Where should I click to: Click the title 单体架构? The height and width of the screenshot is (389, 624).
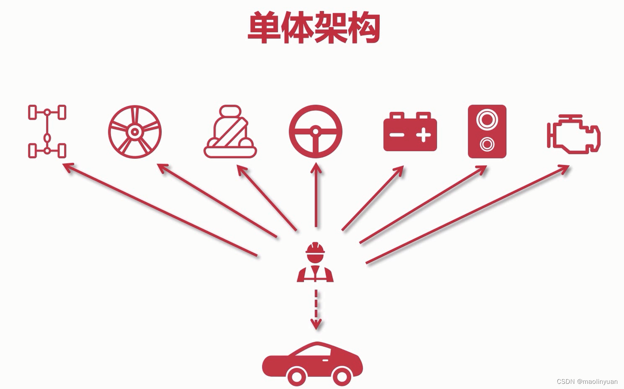click(x=314, y=28)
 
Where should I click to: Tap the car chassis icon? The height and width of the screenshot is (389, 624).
click(x=47, y=131)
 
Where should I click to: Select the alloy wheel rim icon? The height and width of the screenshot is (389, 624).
click(x=135, y=132)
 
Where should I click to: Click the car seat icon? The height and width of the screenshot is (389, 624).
click(x=230, y=132)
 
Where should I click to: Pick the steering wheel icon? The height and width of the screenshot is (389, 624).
click(x=315, y=132)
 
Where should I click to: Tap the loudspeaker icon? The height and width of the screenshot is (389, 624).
click(x=487, y=131)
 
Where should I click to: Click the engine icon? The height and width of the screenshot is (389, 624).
click(x=574, y=133)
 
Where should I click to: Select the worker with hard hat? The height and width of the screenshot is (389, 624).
click(x=315, y=262)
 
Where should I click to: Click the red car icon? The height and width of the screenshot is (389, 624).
click(x=313, y=364)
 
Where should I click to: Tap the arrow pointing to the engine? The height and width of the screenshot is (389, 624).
click(x=467, y=214)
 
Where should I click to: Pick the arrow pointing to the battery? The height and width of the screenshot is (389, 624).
click(x=373, y=198)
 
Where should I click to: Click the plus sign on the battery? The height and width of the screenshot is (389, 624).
click(x=423, y=135)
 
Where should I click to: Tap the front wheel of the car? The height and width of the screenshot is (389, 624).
click(x=342, y=377)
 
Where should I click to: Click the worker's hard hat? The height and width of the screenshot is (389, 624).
click(x=315, y=249)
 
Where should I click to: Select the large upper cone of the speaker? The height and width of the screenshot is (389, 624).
click(x=487, y=119)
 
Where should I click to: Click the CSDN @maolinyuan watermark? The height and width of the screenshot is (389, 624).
click(x=587, y=382)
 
